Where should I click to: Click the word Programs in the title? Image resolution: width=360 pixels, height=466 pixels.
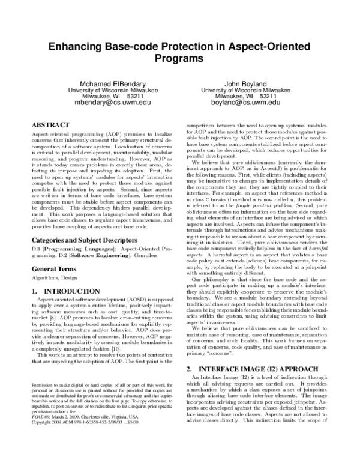(180, 59)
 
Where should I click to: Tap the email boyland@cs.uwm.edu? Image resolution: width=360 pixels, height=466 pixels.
(245, 103)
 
